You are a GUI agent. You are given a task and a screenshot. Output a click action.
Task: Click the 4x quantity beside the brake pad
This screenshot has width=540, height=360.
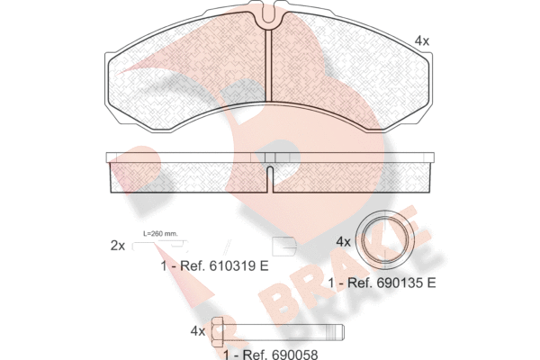[422, 41]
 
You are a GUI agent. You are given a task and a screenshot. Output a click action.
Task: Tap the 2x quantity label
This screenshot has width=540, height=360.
[118, 246]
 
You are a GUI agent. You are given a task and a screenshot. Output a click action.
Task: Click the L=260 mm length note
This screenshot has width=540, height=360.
[160, 233]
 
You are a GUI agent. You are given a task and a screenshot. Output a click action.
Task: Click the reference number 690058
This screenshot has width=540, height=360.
[295, 355]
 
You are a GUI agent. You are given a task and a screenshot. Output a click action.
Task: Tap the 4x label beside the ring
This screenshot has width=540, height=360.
[343, 242]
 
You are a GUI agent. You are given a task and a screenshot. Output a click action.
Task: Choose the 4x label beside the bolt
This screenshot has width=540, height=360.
[198, 331]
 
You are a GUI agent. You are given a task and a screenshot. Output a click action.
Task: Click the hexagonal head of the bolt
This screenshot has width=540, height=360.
[218, 332]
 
